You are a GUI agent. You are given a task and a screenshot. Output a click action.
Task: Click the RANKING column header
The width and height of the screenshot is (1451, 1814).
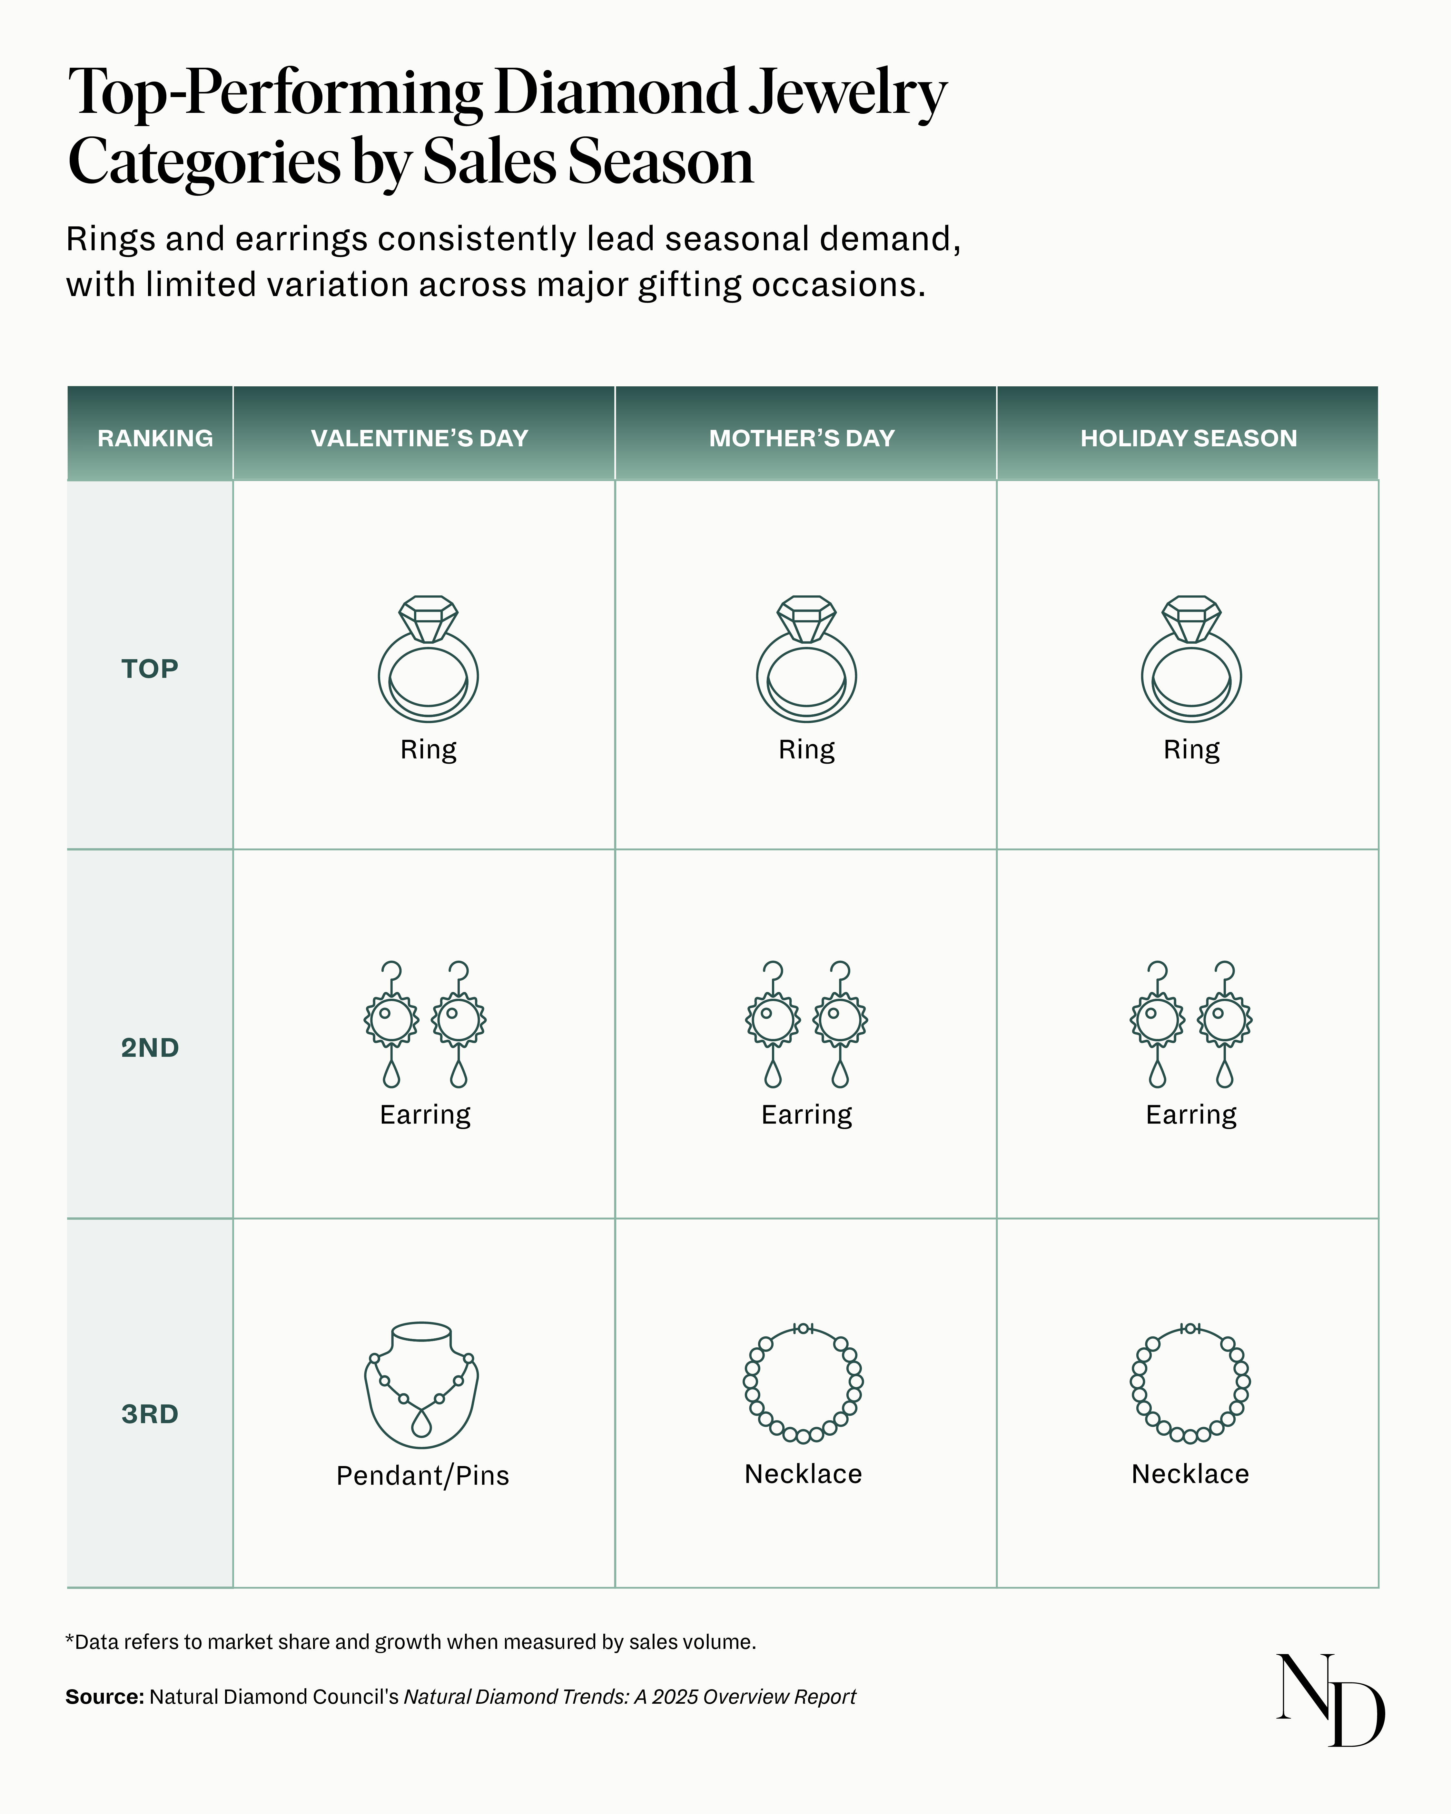pyautogui.click(x=155, y=438)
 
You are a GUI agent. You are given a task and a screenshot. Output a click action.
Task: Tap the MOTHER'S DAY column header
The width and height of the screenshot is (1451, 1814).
pyautogui.click(x=802, y=438)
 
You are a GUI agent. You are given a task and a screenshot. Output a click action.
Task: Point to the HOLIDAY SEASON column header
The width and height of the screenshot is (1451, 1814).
pyautogui.click(x=1189, y=438)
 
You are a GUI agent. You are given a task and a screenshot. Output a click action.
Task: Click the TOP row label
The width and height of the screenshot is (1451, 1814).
pyautogui.click(x=150, y=669)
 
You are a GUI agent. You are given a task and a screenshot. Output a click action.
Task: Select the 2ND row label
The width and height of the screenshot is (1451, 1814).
pyautogui.click(x=150, y=1047)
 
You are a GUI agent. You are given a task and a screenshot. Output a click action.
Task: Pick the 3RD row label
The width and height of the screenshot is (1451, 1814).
pyautogui.click(x=150, y=1413)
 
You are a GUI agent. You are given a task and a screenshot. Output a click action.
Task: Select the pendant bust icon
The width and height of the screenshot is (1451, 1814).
pyautogui.click(x=421, y=1384)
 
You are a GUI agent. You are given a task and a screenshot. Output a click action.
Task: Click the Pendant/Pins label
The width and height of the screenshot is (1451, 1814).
pyautogui.click(x=422, y=1476)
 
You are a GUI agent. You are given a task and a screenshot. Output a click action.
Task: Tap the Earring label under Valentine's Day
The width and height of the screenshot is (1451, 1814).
pyautogui.click(x=425, y=1115)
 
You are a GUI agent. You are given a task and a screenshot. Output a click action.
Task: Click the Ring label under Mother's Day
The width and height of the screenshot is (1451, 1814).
pyautogui.click(x=806, y=749)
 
